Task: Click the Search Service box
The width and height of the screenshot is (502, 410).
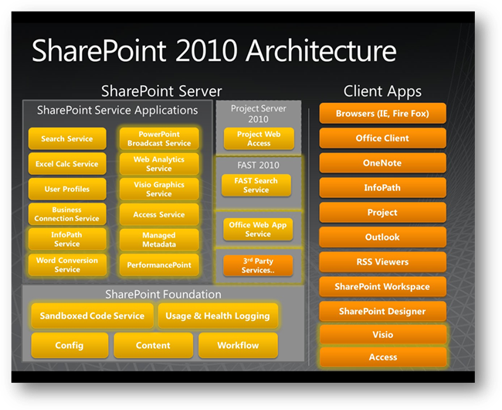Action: coord(66,139)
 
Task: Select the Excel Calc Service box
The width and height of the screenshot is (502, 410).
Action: coord(66,164)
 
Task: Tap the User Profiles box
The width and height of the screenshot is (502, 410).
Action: coord(66,189)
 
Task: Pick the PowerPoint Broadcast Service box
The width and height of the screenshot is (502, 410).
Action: coord(159,138)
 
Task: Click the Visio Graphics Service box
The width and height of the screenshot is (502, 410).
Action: coord(159,189)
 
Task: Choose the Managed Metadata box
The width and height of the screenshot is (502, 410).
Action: coord(159,239)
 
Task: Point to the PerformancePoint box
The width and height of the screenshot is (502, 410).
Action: coord(159,265)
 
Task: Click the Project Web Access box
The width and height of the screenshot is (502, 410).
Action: coord(258,138)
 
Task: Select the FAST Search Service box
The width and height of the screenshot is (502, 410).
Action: coord(256,185)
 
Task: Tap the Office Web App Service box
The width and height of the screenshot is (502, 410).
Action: coord(258,229)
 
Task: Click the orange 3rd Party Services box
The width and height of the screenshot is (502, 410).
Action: coord(258,265)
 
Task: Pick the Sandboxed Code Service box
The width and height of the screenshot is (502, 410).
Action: coord(92,316)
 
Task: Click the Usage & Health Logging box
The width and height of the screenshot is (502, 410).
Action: coord(218,316)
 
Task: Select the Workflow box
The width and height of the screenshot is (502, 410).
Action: coord(238,345)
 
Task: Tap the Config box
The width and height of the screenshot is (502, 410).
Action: coord(70,345)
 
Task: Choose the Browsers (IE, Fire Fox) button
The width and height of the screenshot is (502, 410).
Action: coord(382,114)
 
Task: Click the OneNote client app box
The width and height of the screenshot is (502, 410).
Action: coord(382,163)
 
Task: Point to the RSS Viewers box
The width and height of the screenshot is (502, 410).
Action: coord(382,261)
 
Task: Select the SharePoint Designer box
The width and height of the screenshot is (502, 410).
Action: coord(382,311)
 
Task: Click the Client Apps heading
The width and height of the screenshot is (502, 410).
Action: coord(383,91)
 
